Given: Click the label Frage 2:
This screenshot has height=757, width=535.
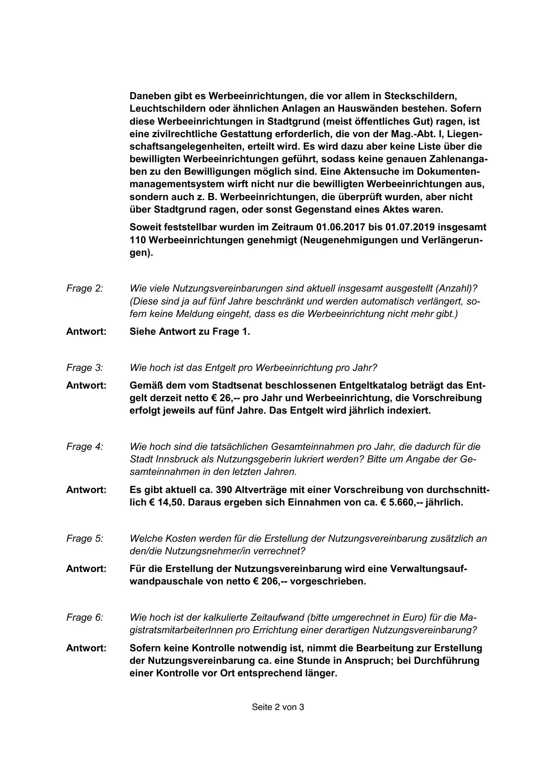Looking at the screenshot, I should click(x=84, y=288).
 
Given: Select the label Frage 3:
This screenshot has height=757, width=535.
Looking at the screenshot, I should click(x=84, y=368).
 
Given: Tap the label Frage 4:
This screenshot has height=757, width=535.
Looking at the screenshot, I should click(x=84, y=446).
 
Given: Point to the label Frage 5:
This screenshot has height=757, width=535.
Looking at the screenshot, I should click(x=84, y=538).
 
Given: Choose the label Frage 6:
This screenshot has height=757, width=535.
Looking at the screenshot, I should click(x=84, y=617).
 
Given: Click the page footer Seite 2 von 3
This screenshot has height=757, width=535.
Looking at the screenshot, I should click(x=278, y=707).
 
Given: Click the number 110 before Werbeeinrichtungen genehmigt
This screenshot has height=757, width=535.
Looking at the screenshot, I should click(x=138, y=240).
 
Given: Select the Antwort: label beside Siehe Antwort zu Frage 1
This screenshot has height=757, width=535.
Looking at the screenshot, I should click(x=86, y=331).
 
